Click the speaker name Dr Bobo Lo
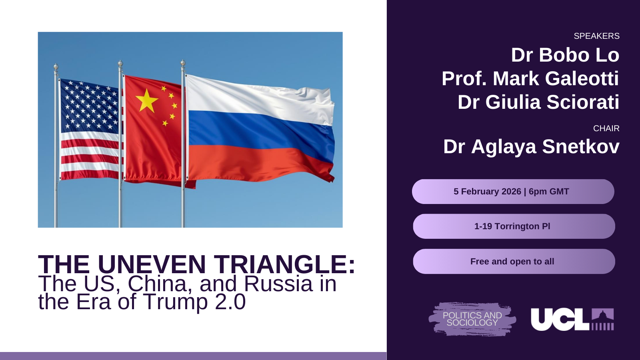pyautogui.click(x=565, y=55)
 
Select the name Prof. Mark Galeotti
pyautogui.click(x=530, y=78)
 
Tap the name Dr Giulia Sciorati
pyautogui.click(x=538, y=102)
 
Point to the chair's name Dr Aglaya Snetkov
pyautogui.click(x=532, y=147)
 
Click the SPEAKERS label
pyautogui.click(x=596, y=36)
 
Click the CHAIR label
pyautogui.click(x=606, y=128)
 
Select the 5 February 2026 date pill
pyautogui.click(x=513, y=192)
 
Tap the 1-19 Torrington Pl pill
pyautogui.click(x=514, y=226)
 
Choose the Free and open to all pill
pyautogui.click(x=514, y=262)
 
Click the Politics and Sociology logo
pyautogui.click(x=472, y=319)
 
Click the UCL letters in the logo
pyautogui.click(x=560, y=319)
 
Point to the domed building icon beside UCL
pyautogui.click(x=602, y=319)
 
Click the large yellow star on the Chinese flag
pyautogui.click(x=146, y=100)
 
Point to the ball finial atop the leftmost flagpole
pyautogui.click(x=56, y=67)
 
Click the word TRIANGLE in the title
pyautogui.click(x=284, y=264)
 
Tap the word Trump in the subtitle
pyautogui.click(x=175, y=302)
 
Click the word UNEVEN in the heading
pyautogui.click(x=152, y=264)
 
